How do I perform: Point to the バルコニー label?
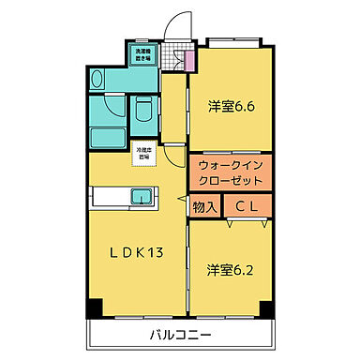click(179, 334)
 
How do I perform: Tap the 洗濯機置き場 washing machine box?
click(142, 54)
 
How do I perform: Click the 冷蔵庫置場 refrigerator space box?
click(142, 153)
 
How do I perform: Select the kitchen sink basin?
click(142, 198)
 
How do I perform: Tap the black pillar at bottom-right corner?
click(267, 307)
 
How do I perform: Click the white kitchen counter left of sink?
click(109, 198)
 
